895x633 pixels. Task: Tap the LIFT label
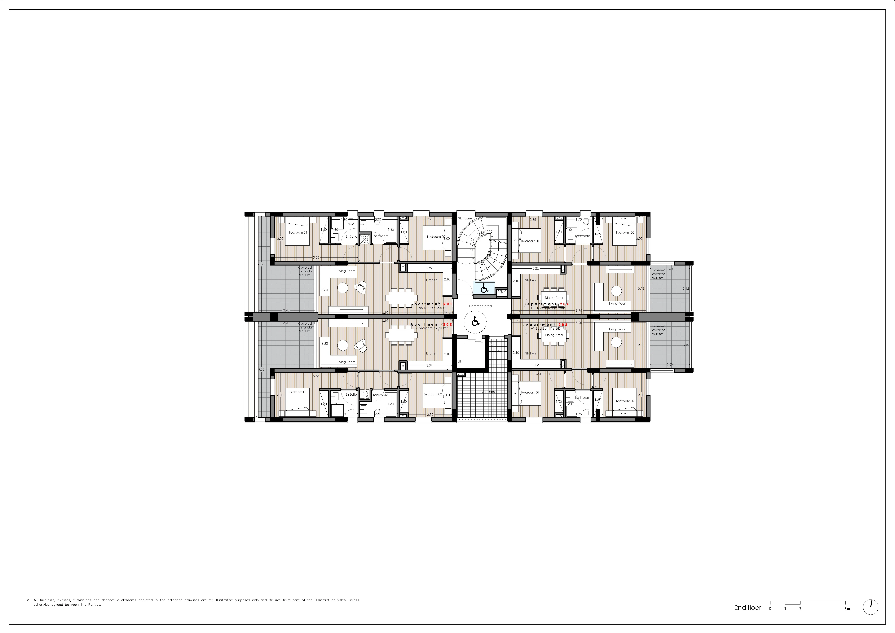pos(460,361)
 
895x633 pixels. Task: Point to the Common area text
pos(480,306)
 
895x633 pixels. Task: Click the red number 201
pos(447,304)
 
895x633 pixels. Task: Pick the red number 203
pos(563,325)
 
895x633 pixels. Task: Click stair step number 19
pos(472,259)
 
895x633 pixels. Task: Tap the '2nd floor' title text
pos(747,608)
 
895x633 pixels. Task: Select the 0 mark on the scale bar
pos(770,609)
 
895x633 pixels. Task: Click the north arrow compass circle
pos(871,607)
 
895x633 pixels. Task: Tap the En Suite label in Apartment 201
pos(351,237)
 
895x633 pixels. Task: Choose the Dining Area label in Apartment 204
pos(553,298)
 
